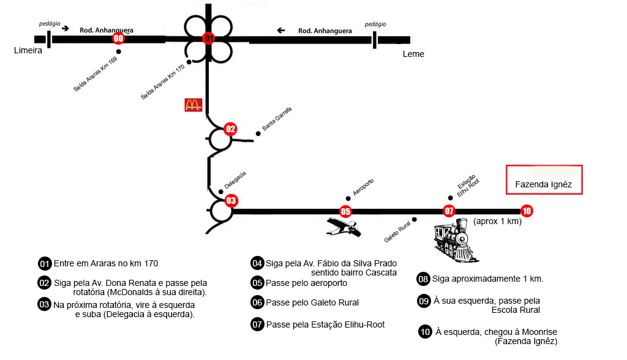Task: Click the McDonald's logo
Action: pos(192,105)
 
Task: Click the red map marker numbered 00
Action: pos(119,39)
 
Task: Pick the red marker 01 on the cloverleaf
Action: pos(209,39)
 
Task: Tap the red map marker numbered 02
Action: pos(230,129)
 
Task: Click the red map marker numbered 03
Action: pos(231,200)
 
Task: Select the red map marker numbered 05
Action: pos(346,212)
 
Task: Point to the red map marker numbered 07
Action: pos(449,211)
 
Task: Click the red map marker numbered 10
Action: pos(527,211)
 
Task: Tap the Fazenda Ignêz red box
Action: pos(544,179)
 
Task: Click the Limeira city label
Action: pos(28,51)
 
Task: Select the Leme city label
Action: pos(413,54)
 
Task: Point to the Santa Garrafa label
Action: pos(277,118)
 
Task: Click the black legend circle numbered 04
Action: pos(257,263)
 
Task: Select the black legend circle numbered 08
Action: pos(423,279)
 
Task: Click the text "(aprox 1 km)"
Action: pos(497,222)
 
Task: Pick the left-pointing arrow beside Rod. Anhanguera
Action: pos(281,30)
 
